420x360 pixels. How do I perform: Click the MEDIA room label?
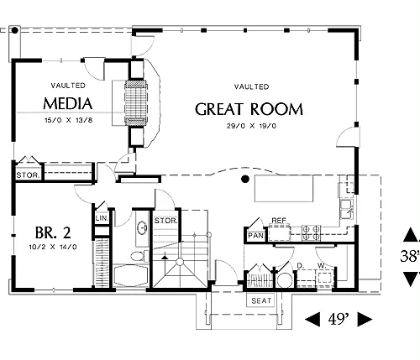68,103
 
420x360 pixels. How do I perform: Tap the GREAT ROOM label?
249,109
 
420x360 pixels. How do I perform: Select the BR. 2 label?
53,232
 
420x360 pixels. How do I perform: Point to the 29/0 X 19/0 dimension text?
251,126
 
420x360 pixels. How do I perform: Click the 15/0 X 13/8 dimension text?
68,121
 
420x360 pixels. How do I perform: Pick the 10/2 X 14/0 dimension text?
53,247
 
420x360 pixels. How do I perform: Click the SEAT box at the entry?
261,300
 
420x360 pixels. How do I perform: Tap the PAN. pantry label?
256,236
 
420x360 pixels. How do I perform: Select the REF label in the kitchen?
279,221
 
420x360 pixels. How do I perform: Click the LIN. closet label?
102,218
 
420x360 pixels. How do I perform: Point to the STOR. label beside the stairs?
166,221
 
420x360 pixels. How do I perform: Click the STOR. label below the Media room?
29,175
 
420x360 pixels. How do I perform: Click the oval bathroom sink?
142,227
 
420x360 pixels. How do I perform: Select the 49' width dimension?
339,319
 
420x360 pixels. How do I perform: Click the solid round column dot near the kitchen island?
245,179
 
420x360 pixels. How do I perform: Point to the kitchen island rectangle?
284,188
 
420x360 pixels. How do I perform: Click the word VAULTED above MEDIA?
68,86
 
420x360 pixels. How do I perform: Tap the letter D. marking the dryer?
300,266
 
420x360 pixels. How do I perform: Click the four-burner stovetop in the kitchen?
311,232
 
